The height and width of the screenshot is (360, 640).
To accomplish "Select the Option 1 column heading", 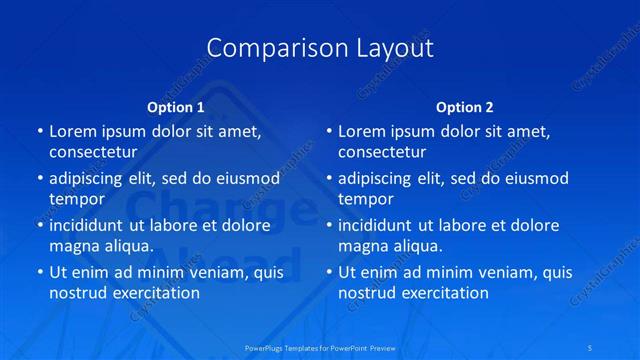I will tap(176, 107).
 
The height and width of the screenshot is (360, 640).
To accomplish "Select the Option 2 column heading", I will tap(465, 107).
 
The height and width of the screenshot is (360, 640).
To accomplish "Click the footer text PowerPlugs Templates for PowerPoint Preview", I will tap(320, 347).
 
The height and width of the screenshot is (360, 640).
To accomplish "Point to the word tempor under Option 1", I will tap(77, 199).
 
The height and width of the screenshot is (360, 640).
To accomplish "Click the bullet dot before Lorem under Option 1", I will tap(38, 131).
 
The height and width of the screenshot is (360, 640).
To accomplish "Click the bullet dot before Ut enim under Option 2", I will tap(327, 272).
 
